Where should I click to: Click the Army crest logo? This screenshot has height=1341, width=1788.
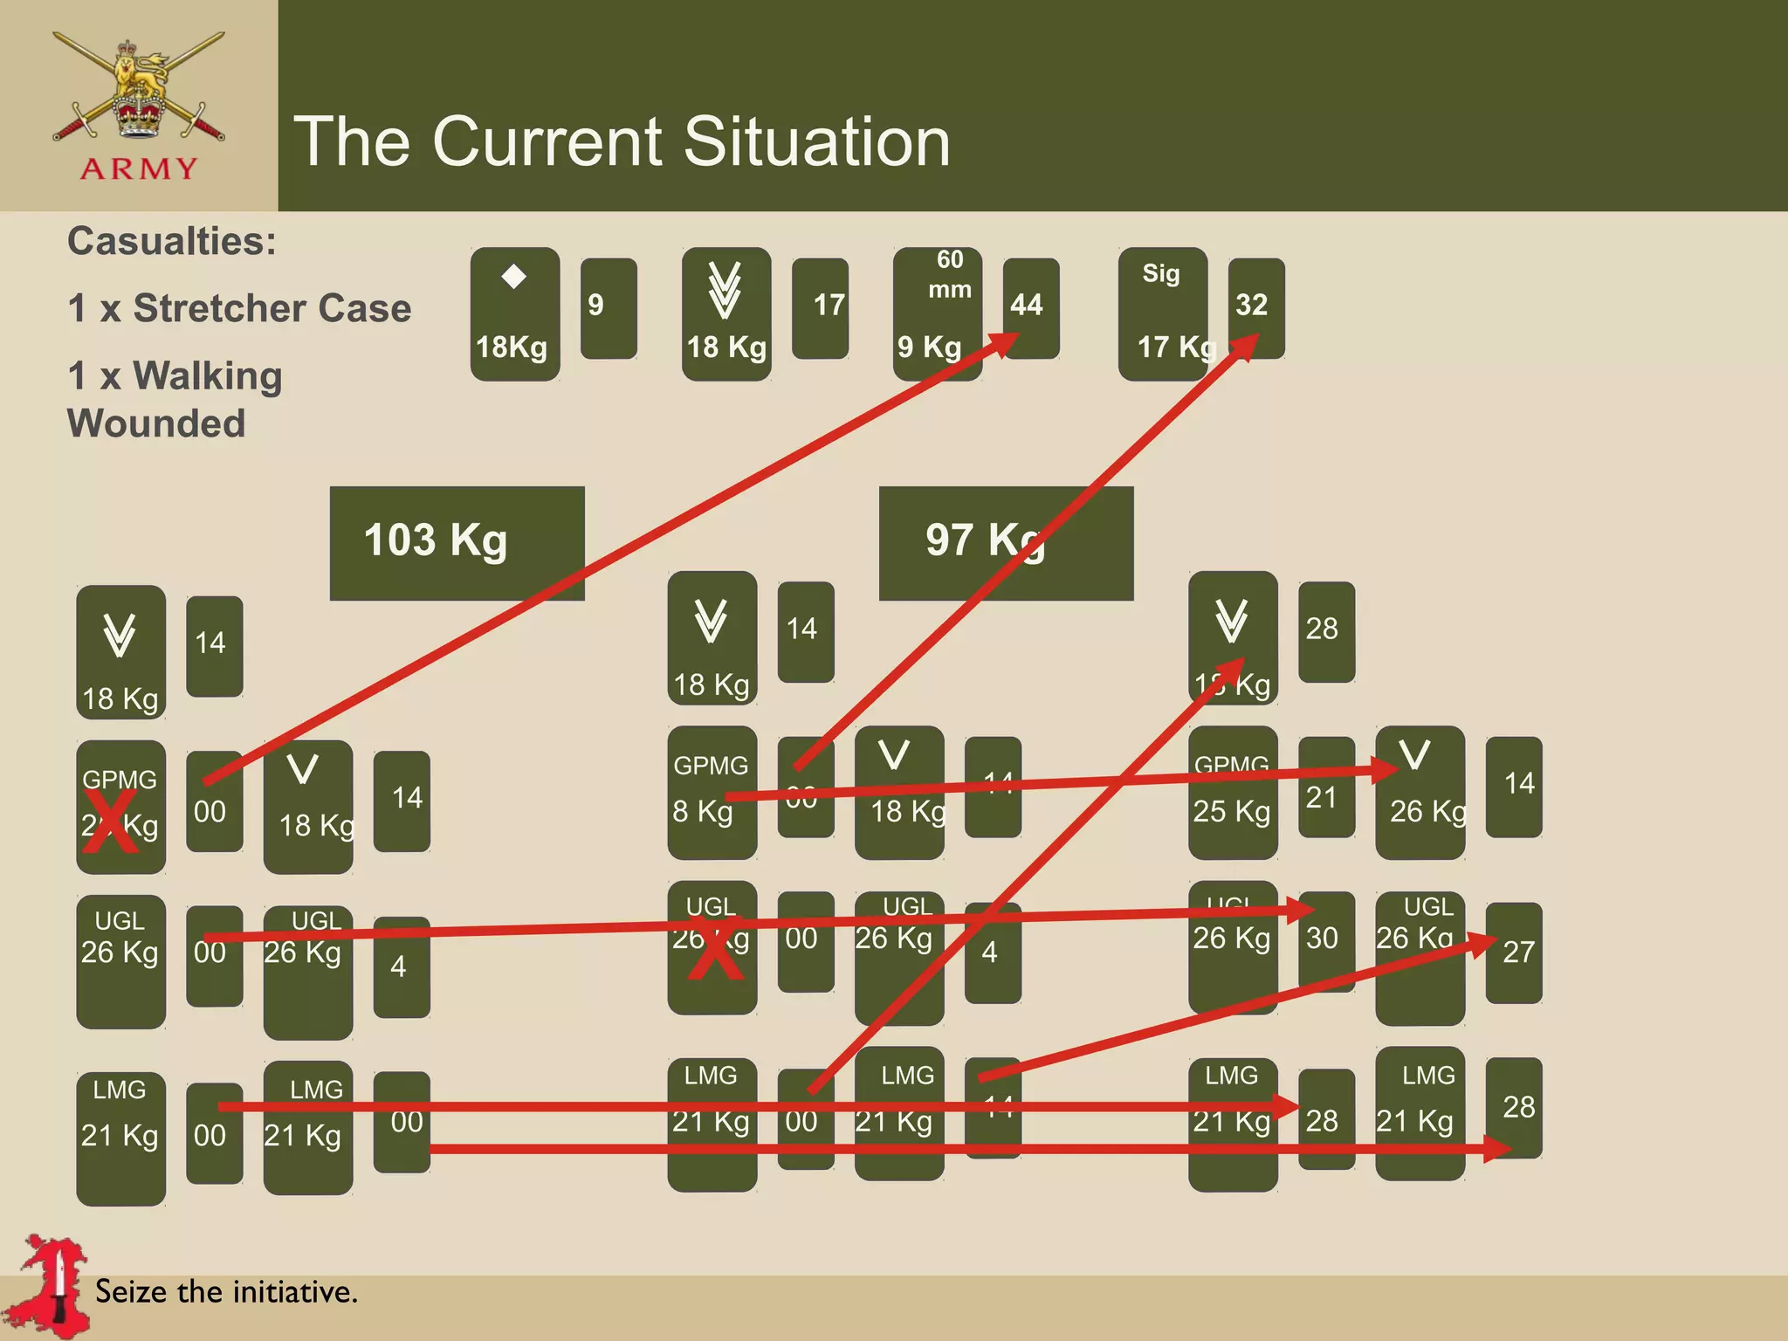tap(138, 105)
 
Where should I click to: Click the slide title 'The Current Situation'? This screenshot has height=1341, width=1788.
tap(622, 141)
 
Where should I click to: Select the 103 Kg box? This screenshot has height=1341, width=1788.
tap(457, 542)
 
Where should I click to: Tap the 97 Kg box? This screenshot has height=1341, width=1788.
tap(1006, 542)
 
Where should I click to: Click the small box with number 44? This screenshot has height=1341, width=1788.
tap(1030, 307)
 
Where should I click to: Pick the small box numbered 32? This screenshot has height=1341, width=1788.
tap(1255, 307)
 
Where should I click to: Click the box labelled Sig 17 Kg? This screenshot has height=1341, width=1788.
tap(1163, 313)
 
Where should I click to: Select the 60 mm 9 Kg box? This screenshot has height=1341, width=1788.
tap(937, 313)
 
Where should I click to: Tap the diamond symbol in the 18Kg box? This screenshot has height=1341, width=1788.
tap(514, 277)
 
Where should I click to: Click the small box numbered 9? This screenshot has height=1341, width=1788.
tap(608, 307)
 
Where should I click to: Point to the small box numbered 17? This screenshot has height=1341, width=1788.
tap(820, 307)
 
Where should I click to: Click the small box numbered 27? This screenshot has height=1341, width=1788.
tap(1514, 952)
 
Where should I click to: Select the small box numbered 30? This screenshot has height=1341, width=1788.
tap(1326, 941)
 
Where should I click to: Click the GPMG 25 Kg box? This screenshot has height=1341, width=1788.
tap(1232, 792)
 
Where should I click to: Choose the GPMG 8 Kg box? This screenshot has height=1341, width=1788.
tap(712, 792)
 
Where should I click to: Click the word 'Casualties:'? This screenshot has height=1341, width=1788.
tap(172, 241)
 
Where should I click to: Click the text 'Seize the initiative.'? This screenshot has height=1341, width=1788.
tap(227, 1291)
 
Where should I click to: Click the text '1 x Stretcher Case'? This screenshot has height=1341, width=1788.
tap(239, 308)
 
